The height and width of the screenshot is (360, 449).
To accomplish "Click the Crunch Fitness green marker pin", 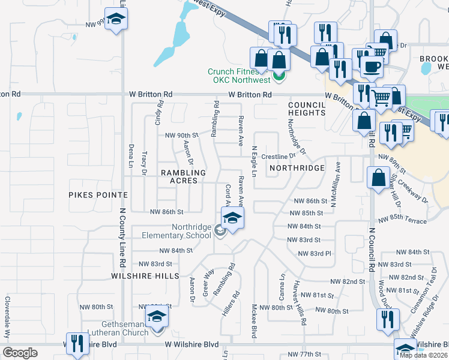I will tap(279, 77).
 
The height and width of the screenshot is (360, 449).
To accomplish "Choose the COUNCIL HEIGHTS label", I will tap(306, 109).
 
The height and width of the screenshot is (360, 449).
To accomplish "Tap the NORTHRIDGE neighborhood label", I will tap(297, 168).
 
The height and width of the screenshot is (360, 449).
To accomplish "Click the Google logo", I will tap(20, 353).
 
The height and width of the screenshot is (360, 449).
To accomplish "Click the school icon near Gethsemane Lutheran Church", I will tap(157, 316).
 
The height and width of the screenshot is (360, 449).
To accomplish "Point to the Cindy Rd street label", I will tap(160, 112).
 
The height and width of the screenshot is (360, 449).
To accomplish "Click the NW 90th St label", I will tap(182, 134).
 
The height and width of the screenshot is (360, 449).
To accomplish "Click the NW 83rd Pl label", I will tap(315, 253).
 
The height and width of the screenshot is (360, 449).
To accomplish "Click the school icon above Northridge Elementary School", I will tap(233, 217).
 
